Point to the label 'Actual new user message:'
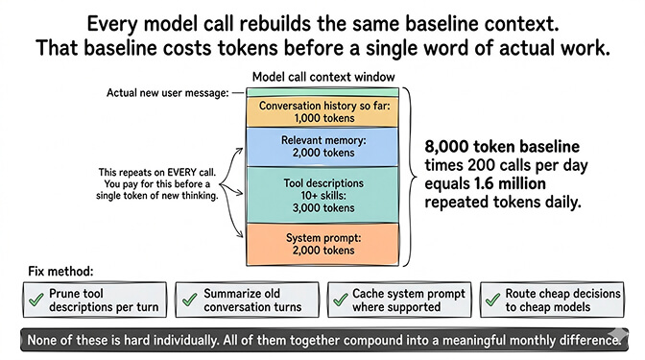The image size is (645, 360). (169, 92)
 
